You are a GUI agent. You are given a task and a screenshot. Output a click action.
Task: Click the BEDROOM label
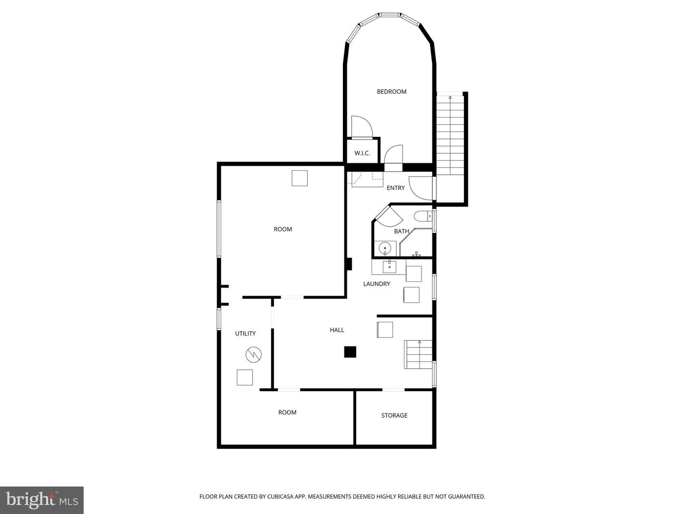(x=391, y=92)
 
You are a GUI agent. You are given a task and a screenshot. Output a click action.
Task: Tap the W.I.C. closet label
(x=362, y=153)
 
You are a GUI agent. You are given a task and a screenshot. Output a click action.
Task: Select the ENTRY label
(x=395, y=188)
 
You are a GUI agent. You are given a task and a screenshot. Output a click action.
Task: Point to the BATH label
(x=401, y=231)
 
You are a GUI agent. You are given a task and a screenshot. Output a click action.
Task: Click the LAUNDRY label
(x=376, y=284)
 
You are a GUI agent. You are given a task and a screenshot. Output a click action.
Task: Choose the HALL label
(x=337, y=330)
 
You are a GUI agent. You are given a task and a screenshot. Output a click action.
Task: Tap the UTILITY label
(x=245, y=334)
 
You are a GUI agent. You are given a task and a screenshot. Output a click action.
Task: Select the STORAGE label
(x=394, y=415)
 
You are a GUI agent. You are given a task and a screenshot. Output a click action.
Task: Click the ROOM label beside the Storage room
(x=287, y=413)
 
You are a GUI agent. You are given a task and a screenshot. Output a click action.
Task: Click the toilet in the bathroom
(x=422, y=217)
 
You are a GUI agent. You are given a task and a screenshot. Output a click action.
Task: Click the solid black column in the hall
(x=350, y=352)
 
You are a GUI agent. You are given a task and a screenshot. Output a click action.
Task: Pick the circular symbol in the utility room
(x=254, y=355)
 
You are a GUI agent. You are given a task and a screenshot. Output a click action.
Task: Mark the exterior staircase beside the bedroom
(x=450, y=136)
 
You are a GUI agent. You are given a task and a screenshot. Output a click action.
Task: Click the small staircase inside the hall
(x=418, y=355)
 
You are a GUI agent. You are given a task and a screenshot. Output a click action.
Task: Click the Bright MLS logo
(x=42, y=500)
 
